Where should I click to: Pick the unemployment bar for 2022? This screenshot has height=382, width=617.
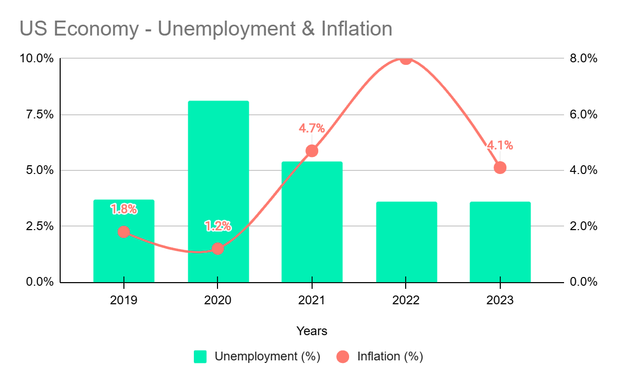406,242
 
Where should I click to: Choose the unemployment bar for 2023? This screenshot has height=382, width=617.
500,242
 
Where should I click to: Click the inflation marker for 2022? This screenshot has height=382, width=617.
406,59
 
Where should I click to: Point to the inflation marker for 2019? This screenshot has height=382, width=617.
124,232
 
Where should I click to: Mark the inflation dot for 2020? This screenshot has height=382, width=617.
218,249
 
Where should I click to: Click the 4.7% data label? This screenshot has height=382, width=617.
312,128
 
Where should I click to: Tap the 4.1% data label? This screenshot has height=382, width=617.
500,145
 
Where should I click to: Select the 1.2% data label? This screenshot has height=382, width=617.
218,226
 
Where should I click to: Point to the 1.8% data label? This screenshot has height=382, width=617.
124,209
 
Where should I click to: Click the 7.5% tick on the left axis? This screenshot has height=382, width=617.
37,114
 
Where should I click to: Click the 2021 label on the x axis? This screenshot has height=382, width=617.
312,300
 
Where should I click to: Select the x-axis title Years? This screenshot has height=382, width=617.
312,331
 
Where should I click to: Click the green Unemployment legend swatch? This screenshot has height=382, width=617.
200,356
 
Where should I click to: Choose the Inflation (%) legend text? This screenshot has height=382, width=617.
390,356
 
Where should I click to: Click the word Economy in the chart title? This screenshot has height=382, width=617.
97,29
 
